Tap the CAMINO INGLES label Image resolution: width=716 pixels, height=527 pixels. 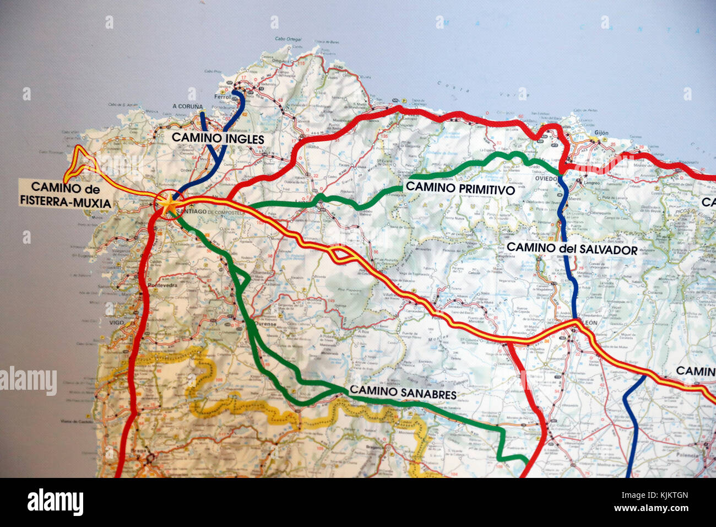[x=218, y=138]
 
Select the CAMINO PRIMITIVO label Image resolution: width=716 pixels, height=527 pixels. [x=460, y=189]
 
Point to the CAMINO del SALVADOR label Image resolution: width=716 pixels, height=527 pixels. [x=572, y=249]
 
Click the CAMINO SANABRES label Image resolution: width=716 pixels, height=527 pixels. [x=403, y=392]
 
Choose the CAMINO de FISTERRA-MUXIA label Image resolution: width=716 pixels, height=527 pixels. [x=66, y=195]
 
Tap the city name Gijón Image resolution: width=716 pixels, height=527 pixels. [x=601, y=133]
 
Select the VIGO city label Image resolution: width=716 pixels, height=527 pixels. [x=116, y=322]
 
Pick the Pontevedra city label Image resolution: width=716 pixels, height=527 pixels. [x=162, y=286]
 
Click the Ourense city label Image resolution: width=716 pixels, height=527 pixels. [x=267, y=325]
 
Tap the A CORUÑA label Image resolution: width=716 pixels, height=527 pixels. [x=187, y=106]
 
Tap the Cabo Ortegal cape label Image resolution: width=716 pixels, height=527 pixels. [x=288, y=39]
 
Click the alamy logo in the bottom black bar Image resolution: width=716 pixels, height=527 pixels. [x=55, y=502]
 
